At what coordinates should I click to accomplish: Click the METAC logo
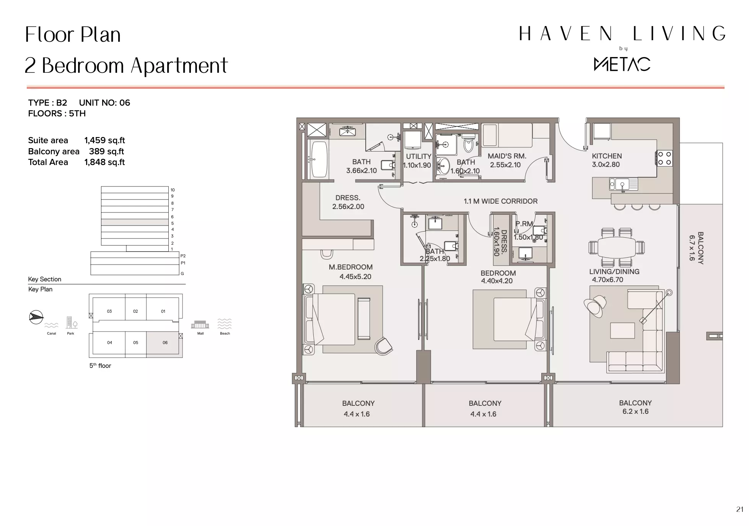click(x=622, y=64)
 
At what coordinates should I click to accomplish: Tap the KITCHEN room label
click(x=607, y=156)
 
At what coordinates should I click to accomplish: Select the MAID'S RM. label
click(x=507, y=156)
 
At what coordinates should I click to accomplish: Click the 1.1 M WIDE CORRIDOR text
click(x=500, y=201)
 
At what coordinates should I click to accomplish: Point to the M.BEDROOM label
click(x=350, y=267)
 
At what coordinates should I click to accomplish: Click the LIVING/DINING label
click(x=614, y=272)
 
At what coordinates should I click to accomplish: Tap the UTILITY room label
click(x=418, y=157)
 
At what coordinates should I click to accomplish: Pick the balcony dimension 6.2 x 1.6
click(x=635, y=412)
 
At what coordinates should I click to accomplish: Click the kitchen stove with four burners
click(x=664, y=158)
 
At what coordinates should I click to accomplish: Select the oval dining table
click(x=617, y=247)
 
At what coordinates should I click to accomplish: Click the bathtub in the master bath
click(x=319, y=160)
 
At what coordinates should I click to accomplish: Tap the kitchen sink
click(x=623, y=185)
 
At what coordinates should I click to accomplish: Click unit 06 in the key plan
click(x=165, y=343)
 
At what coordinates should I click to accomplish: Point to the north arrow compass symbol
click(x=36, y=317)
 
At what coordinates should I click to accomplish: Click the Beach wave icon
click(x=225, y=324)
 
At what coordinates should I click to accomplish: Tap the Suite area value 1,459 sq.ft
click(x=104, y=140)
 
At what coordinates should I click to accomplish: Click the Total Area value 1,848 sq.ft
click(x=104, y=162)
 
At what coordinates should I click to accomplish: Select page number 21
click(x=739, y=509)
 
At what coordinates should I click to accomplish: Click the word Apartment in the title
click(x=179, y=66)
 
